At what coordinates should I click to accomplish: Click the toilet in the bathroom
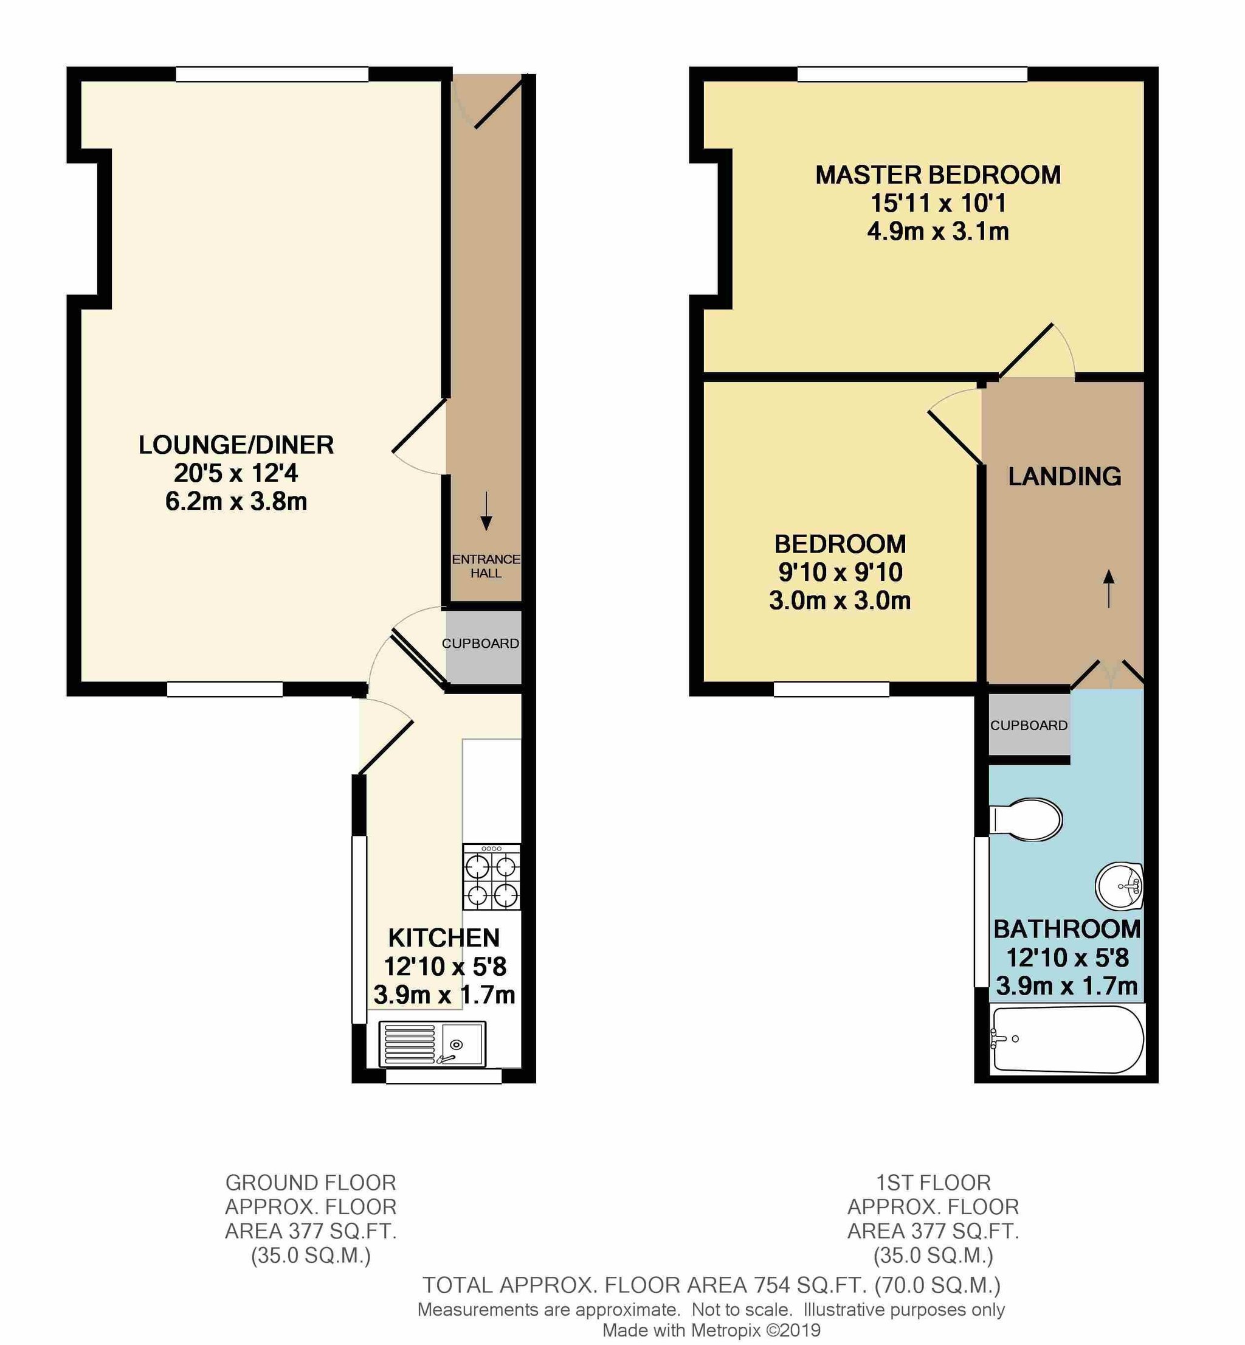pos(1025,819)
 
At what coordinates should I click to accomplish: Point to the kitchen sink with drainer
pos(432,1044)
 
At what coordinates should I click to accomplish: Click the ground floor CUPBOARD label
pos(480,643)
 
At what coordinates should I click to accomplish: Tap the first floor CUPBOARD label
pos(1029,725)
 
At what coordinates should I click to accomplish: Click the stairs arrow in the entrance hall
pos(486,511)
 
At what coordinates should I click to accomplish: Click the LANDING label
pos(1064,477)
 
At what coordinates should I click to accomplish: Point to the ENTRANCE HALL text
pos(486,566)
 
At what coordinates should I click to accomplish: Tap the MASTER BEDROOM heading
pos(938,175)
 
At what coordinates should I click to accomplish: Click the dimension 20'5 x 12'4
pos(236,473)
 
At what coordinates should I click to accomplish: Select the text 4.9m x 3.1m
pos(938,232)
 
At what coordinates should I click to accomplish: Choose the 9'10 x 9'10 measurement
pos(840,572)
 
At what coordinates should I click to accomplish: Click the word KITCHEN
pos(444,938)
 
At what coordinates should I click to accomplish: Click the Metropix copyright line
pos(711,1330)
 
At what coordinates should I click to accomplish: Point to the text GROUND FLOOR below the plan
pos(311,1183)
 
